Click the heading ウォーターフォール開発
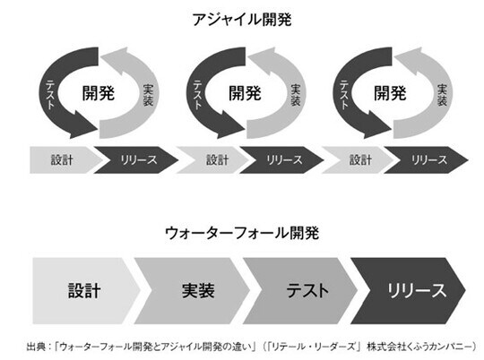click(x=243, y=232)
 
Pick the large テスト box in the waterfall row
click(x=306, y=290)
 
